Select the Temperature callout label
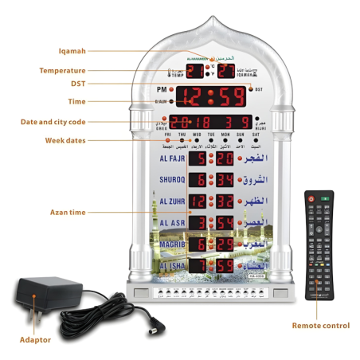pyautogui.click(x=62, y=70)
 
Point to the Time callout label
pyautogui.click(x=76, y=102)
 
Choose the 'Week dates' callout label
pyautogui.click(x=65, y=140)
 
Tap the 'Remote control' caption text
pyautogui.click(x=319, y=325)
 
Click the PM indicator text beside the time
pyautogui.click(x=160, y=90)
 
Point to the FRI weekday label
pyautogui.click(x=158, y=135)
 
